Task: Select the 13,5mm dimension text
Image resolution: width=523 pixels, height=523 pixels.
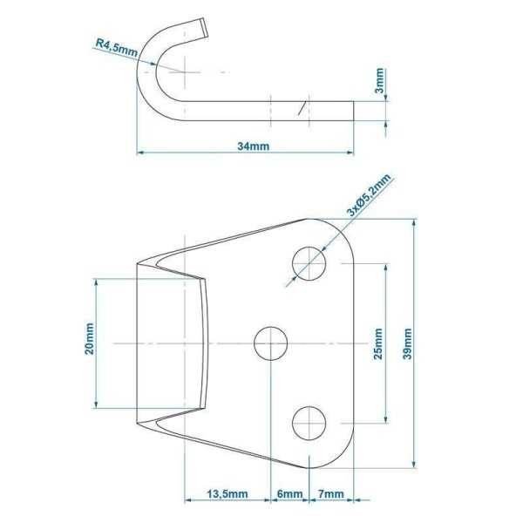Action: (x=226, y=493)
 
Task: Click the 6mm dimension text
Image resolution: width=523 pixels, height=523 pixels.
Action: (x=289, y=493)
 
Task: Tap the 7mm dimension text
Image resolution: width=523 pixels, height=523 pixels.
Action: (x=330, y=493)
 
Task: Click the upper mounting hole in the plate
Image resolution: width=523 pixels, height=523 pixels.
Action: (x=309, y=262)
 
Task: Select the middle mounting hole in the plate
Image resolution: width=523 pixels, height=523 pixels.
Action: (x=272, y=343)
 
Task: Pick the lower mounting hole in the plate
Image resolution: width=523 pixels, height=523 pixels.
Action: (x=309, y=424)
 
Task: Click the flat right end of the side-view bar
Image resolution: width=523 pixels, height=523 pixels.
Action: (x=354, y=110)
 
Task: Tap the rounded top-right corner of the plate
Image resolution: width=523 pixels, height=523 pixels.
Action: (x=345, y=234)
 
